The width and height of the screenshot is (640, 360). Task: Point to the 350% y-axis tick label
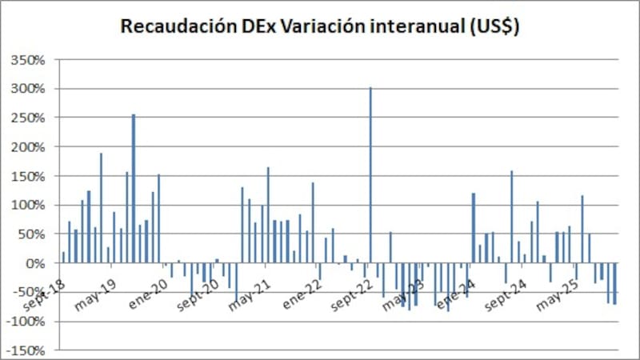pos(31,60)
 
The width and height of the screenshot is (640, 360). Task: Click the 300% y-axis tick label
pos(31,89)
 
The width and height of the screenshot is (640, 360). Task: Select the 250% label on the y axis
pos(31,118)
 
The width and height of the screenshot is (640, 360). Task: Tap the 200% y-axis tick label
pos(31,147)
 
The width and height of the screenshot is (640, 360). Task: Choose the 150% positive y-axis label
pos(31,176)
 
